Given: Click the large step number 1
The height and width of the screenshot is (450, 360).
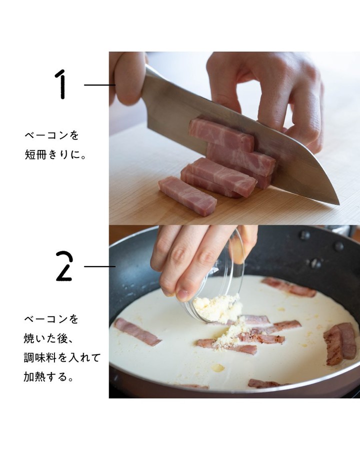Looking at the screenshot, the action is (61, 84).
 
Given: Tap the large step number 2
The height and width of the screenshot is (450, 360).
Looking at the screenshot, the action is (64, 266).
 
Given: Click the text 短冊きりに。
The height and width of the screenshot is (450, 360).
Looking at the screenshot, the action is (55, 155).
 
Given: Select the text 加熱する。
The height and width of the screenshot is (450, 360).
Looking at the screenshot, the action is (49, 376).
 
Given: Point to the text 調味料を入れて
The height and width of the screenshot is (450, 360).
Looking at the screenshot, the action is (62, 357).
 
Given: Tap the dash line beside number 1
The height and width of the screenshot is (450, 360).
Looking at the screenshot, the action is (99, 85).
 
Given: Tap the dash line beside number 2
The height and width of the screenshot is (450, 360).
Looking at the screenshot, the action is (99, 266).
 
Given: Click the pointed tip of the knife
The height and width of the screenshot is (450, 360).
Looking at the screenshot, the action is (339, 204).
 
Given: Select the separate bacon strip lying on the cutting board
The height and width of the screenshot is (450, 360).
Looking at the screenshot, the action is (187, 192).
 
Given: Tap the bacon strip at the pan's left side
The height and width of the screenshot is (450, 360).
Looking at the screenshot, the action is (137, 332).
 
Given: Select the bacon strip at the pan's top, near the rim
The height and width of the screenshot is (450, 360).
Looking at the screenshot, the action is (288, 286).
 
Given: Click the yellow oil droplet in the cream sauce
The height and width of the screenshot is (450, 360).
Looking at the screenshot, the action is (217, 367).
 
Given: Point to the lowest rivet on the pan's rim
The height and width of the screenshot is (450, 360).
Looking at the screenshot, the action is (316, 263).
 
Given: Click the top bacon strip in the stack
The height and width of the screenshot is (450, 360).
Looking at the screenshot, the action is (221, 135).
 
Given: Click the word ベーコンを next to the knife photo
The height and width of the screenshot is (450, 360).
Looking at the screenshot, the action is (51, 135).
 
